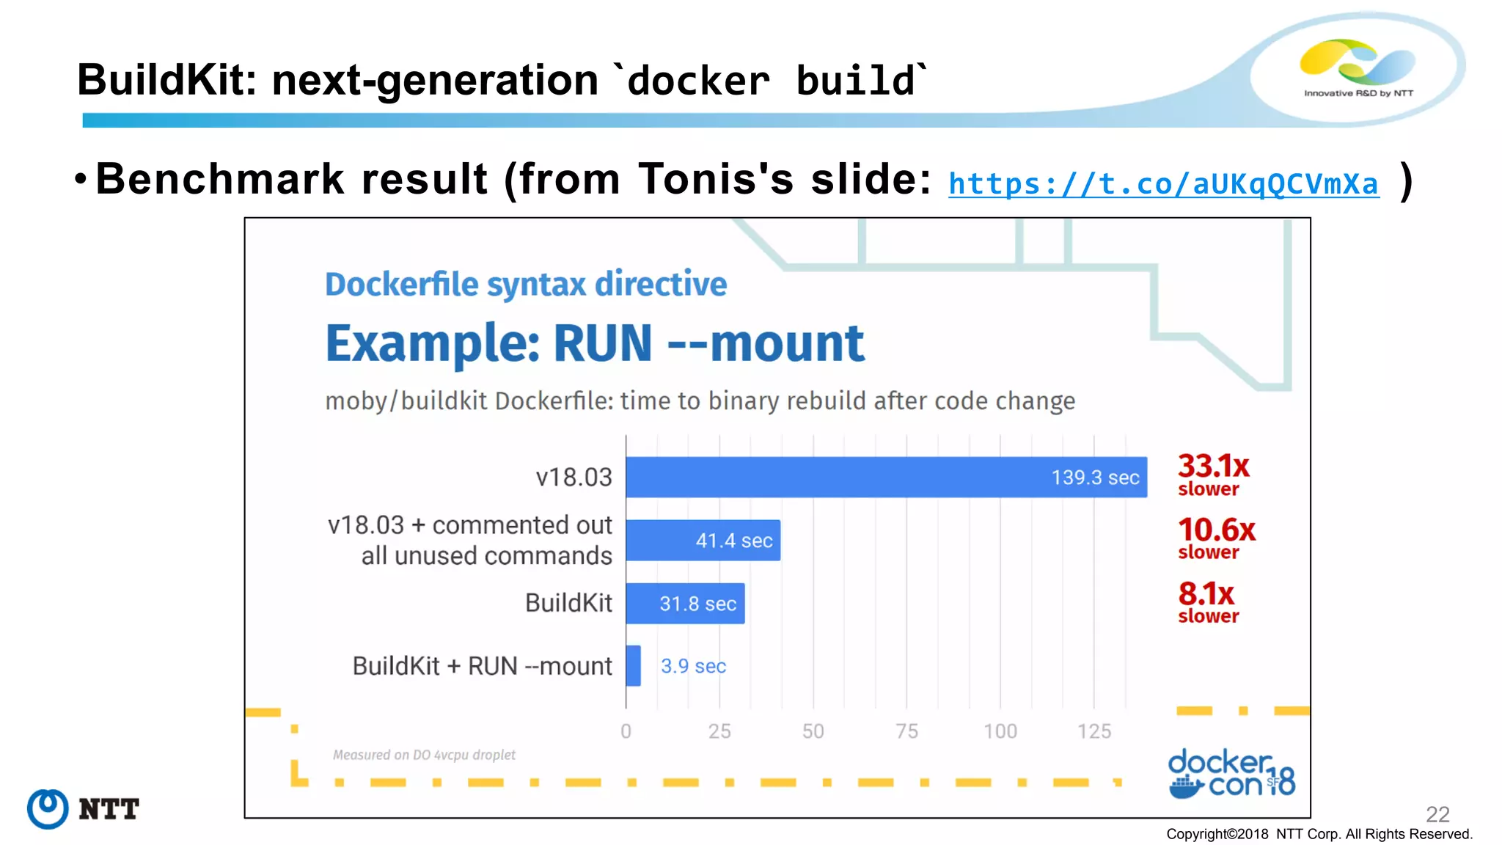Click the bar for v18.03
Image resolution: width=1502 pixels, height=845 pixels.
coord(886,478)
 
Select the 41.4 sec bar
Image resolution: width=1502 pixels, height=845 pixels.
coord(703,541)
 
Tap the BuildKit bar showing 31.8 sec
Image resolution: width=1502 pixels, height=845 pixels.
coord(685,604)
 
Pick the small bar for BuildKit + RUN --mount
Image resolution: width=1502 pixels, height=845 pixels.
coord(633,666)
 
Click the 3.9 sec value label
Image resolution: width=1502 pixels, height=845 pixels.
coord(693,666)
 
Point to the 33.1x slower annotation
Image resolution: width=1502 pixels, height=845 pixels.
coord(1213,475)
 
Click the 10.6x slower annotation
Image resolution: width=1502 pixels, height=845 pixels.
coord(1216,538)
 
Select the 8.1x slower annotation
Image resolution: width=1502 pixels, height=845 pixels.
coord(1208,601)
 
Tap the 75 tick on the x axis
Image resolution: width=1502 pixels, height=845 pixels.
coord(906,731)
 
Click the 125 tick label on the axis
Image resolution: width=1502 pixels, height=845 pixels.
coord(1094,731)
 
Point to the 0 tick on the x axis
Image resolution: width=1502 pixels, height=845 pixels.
coord(626,731)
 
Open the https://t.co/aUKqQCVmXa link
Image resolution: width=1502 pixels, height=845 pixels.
coord(1163,183)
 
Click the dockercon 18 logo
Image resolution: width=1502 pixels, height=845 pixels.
coord(1231,774)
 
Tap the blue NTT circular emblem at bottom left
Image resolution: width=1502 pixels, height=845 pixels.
coord(48,809)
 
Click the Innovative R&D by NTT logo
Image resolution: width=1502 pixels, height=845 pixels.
coord(1358,68)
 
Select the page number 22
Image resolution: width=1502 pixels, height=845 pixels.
coord(1437,813)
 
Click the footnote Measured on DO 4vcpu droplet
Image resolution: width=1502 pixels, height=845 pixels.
coord(424,755)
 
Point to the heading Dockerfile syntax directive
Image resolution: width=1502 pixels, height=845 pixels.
coord(526,284)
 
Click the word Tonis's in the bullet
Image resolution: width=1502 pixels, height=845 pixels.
coord(716,179)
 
